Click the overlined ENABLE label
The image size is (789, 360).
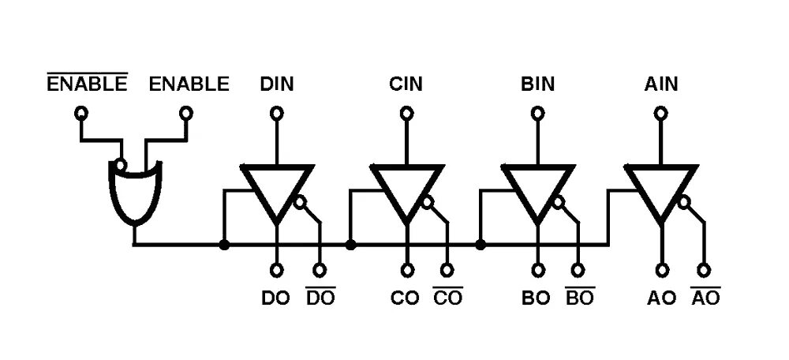87,84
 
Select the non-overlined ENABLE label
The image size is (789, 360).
189,84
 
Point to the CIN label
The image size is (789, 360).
406,84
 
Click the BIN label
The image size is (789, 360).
537,84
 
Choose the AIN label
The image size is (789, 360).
661,84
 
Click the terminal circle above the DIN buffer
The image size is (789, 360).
277,113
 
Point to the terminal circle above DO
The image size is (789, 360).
277,271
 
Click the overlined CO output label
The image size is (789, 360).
447,299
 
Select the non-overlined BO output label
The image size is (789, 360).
537,299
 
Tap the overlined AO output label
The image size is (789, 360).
705,299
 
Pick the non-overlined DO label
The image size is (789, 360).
276,299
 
